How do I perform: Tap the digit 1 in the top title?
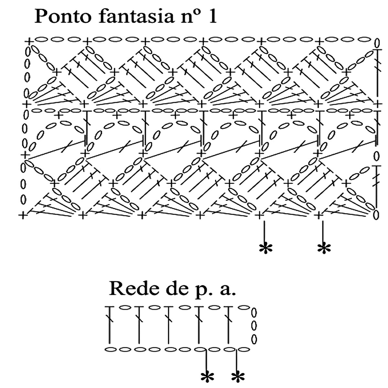tap(212, 17)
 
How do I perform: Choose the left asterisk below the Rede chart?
tap(206, 377)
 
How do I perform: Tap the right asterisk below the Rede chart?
tap(238, 377)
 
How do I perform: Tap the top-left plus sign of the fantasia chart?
tap(29, 41)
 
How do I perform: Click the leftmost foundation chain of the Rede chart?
tap(111, 350)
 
